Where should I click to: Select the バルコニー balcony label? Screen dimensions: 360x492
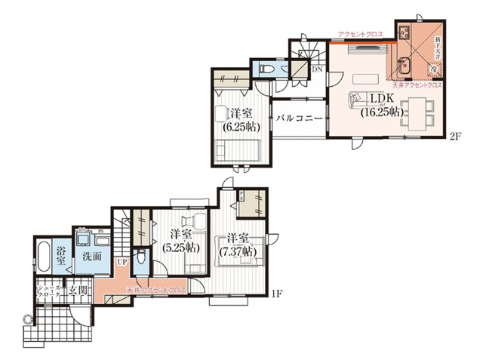[x=299, y=118]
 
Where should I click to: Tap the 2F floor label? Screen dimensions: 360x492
[x=455, y=137]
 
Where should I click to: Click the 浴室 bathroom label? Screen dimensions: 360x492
[x=61, y=254]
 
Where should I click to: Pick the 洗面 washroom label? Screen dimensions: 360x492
[x=91, y=256]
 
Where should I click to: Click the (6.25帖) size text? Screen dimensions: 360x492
[x=237, y=126]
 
